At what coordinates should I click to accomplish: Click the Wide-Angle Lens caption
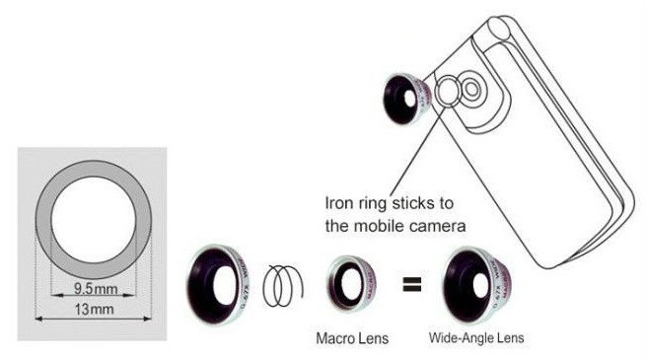pyautogui.click(x=475, y=338)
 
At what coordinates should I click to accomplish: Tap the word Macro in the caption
pyautogui.click(x=335, y=338)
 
